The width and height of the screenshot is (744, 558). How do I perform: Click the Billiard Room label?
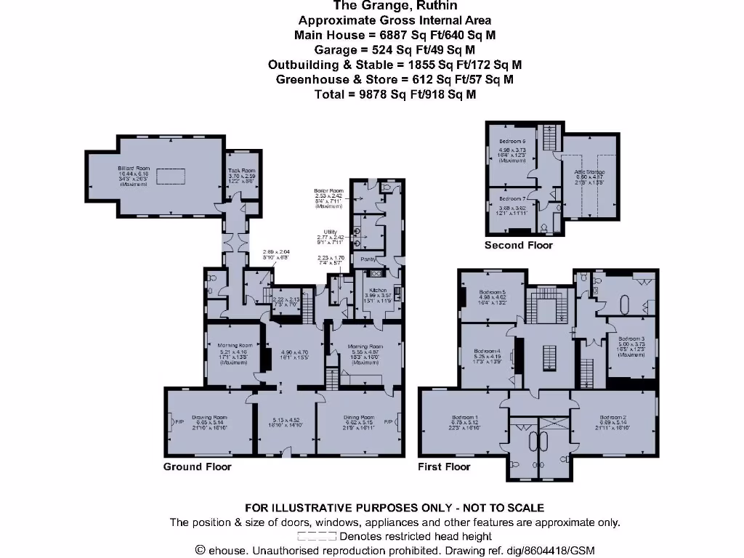pos(134,168)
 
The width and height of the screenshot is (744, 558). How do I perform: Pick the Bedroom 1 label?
pos(465,417)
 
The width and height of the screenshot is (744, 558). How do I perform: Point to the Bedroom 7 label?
pos(512,197)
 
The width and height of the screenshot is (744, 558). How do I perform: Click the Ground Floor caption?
pos(197,466)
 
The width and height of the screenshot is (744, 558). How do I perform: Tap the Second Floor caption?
pos(519,245)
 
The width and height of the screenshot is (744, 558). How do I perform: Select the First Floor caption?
pos(444,466)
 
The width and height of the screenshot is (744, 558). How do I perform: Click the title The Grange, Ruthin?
pos(395,7)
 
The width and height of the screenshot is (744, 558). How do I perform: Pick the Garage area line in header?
pos(395,49)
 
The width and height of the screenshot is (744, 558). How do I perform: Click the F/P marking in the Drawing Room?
pos(178,421)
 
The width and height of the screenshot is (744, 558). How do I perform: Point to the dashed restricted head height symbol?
pos(316,536)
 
